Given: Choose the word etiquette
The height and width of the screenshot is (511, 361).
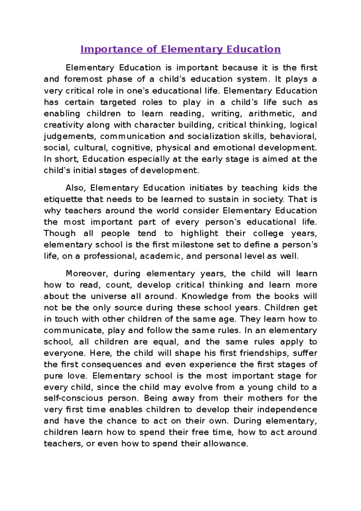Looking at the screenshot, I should point(63,199).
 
